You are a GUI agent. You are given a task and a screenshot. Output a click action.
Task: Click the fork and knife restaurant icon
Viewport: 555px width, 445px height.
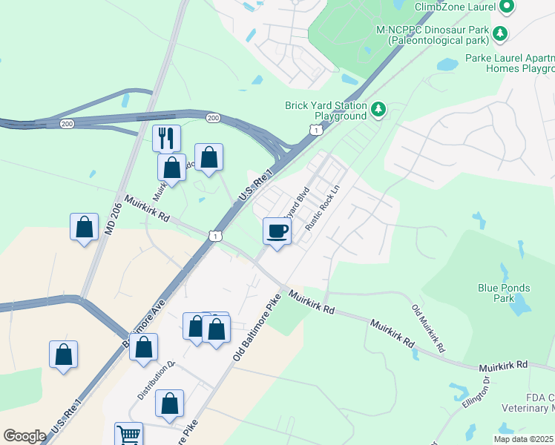coord(166,137)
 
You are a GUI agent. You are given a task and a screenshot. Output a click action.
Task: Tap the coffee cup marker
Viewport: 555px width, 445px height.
coord(277,231)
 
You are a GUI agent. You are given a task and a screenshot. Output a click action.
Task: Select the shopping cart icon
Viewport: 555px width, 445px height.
coord(128,435)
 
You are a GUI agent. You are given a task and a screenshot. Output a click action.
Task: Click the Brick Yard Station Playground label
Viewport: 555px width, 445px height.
coord(326,111)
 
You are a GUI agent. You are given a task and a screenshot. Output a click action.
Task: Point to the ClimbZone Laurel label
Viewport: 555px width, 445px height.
coord(455,7)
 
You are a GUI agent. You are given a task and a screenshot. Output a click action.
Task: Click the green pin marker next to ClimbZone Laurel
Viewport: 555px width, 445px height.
coord(508,7)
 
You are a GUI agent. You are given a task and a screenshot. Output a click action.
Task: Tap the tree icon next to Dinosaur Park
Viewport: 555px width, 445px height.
coord(500,33)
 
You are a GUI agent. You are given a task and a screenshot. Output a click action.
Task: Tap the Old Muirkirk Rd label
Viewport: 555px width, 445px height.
coord(429,328)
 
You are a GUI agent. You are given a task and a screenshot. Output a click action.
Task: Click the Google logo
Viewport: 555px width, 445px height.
coord(24,436)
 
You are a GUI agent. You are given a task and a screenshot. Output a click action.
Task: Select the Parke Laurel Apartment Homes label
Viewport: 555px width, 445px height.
coord(510,63)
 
